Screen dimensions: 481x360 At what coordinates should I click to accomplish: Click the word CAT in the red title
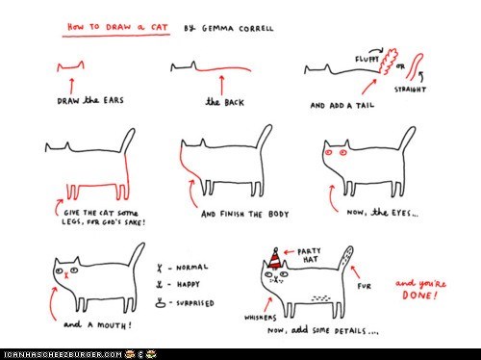[x=160, y=27]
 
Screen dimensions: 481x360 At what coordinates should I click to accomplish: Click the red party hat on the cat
[x=275, y=258]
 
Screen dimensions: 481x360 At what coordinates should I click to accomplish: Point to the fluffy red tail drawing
[x=388, y=62]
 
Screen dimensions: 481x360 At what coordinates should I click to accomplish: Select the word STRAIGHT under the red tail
[x=410, y=90]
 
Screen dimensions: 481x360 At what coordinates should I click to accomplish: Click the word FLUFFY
[x=367, y=60]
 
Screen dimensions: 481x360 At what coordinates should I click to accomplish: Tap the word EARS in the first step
[x=114, y=100]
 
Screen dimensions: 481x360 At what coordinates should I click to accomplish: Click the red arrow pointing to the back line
[x=221, y=86]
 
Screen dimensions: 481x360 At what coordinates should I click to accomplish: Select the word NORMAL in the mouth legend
[x=191, y=268]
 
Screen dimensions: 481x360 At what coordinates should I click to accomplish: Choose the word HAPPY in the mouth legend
[x=189, y=284]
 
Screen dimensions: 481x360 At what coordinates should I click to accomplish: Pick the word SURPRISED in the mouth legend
[x=195, y=303]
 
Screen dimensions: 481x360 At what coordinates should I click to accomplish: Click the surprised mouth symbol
[x=161, y=302]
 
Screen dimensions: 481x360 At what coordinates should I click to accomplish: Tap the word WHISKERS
[x=260, y=318]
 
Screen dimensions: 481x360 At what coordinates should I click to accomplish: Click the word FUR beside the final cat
[x=365, y=286]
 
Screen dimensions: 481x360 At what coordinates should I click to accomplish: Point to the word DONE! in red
[x=419, y=296]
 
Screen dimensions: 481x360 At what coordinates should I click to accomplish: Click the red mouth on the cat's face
[x=66, y=275]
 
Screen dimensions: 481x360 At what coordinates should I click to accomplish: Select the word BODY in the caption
[x=278, y=214]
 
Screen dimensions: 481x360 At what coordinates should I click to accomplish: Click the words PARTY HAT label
[x=309, y=255]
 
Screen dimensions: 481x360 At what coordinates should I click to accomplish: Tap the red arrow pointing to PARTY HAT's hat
[x=289, y=252]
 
